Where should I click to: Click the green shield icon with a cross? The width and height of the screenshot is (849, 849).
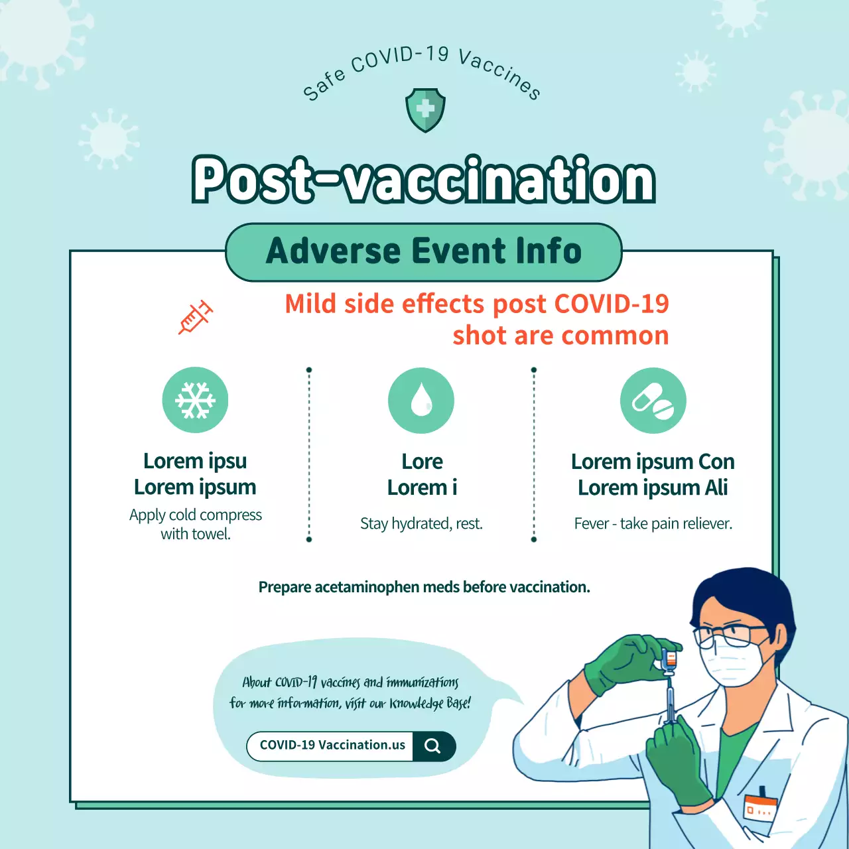click(425, 110)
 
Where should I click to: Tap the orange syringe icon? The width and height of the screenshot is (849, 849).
click(195, 317)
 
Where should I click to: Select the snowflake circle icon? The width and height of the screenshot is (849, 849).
click(195, 400)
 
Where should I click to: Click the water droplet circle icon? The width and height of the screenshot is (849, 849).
click(421, 401)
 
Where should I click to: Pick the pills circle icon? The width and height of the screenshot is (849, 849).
click(653, 401)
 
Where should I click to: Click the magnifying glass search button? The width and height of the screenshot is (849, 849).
click(433, 746)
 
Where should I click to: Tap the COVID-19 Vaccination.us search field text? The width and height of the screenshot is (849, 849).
click(332, 746)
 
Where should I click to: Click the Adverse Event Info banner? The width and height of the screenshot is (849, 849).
click(424, 252)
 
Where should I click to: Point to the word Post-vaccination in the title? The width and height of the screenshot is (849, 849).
click(424, 180)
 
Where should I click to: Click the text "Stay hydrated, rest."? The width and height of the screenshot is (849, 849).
click(421, 524)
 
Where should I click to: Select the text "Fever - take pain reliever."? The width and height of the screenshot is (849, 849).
click(653, 524)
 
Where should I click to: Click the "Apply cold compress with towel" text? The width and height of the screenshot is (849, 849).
click(196, 525)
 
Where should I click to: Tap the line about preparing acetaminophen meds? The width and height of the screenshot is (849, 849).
click(424, 588)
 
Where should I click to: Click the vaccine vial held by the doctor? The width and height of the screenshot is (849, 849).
click(670, 661)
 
